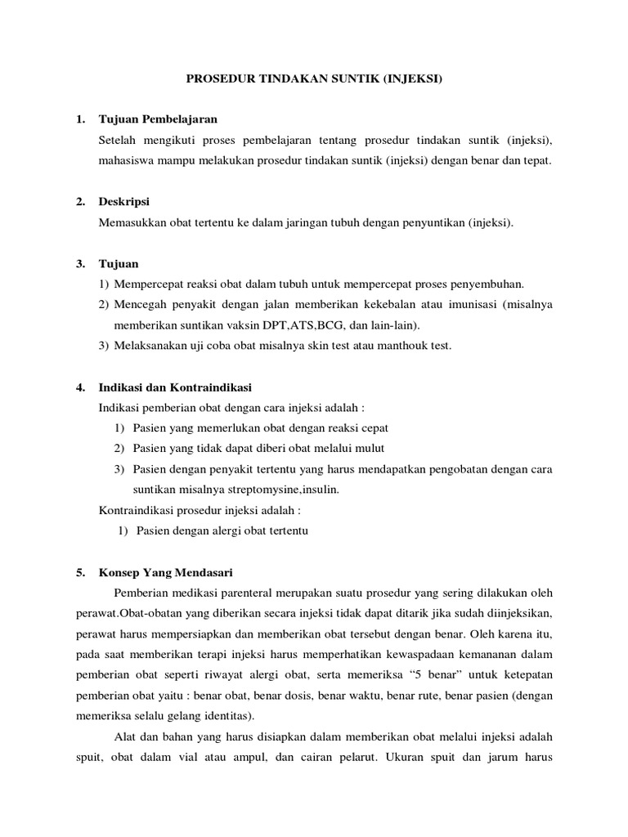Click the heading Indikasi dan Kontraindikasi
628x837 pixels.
pyautogui.click(x=175, y=386)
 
